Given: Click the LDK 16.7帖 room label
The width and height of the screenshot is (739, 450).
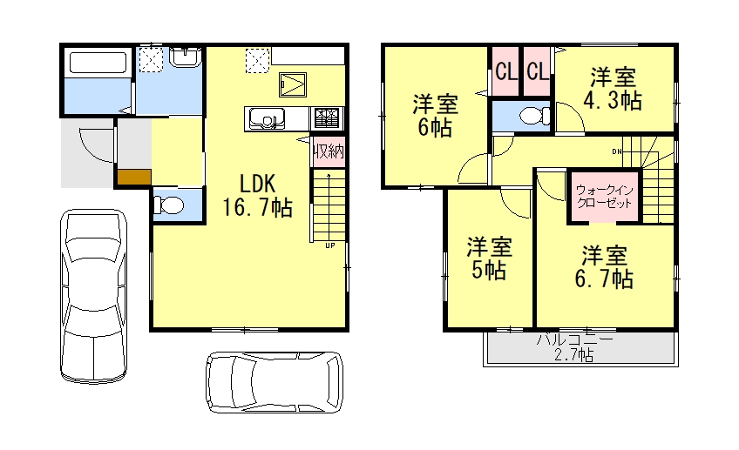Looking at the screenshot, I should click(256, 195).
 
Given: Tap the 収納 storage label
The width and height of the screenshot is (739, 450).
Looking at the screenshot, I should click(328, 151).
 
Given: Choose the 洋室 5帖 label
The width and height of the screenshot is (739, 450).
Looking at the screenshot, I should click(487, 258).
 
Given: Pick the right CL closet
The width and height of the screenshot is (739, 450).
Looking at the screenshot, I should click(537, 71).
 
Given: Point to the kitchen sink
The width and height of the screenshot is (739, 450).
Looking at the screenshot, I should click(265, 118).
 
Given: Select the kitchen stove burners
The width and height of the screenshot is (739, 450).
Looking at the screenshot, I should click(329, 117).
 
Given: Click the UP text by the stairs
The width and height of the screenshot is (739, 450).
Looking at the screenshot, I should click(329, 245).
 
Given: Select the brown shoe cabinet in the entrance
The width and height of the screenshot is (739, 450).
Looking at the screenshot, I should click(133, 178).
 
